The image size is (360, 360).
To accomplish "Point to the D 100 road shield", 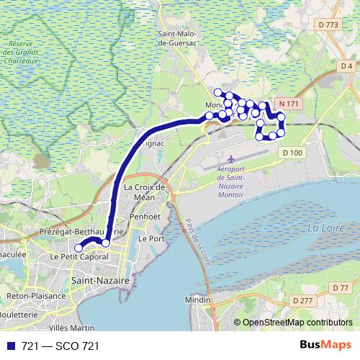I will click(292, 153).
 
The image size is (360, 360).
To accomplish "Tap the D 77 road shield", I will click(341, 288).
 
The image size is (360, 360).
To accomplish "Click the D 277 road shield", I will click(302, 300).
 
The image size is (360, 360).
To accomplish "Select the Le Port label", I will click(152, 238).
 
